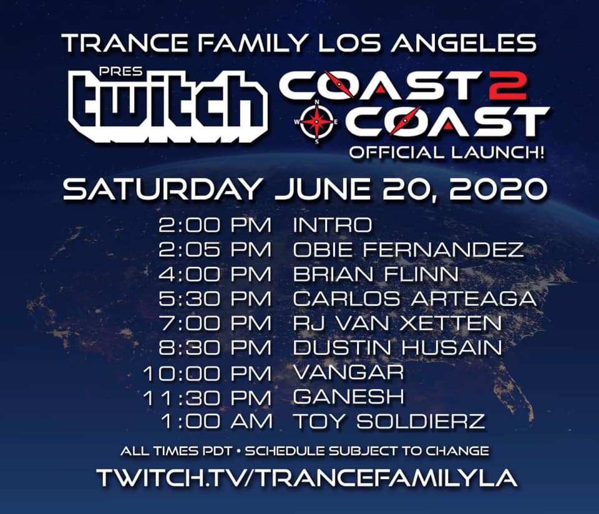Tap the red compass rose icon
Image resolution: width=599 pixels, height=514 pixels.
(x=317, y=122)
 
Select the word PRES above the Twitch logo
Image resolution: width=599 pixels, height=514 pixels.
(x=120, y=71)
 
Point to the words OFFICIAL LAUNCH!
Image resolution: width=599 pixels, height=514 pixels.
(x=447, y=153)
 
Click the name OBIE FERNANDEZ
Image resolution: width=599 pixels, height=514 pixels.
(x=408, y=250)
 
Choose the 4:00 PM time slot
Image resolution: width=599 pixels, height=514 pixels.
(x=215, y=274)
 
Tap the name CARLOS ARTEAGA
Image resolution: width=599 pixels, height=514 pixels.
(x=414, y=299)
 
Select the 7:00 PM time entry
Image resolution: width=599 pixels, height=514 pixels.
(x=215, y=324)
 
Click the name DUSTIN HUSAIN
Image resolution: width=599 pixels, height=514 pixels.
(x=397, y=348)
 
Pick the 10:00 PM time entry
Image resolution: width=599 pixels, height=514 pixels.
(x=207, y=373)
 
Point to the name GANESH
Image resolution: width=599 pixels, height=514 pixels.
(x=348, y=397)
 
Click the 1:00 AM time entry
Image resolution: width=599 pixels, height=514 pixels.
(x=217, y=422)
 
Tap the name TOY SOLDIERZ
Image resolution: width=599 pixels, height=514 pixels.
(x=389, y=422)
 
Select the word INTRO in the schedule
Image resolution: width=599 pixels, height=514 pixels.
(x=333, y=225)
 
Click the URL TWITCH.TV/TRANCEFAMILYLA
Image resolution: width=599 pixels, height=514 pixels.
(x=307, y=477)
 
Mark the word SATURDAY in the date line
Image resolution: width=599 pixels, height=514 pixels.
(x=162, y=188)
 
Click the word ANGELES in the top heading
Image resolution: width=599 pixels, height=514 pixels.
(x=464, y=43)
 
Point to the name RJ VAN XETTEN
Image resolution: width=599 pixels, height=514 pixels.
(x=397, y=324)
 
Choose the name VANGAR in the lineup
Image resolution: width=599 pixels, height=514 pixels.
(x=348, y=372)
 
